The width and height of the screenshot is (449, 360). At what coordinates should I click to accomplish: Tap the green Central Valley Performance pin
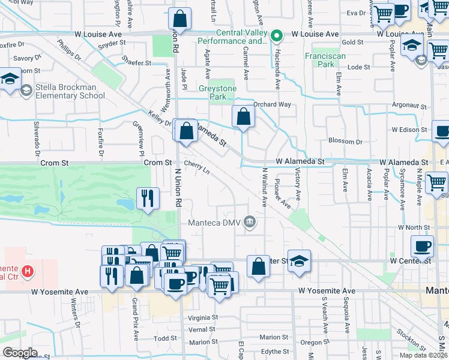[277, 36]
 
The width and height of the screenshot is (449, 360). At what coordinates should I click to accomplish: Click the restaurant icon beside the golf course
[147, 197]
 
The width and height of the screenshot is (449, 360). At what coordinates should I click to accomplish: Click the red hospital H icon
[26, 272]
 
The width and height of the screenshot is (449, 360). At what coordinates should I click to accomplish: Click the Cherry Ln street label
[197, 167]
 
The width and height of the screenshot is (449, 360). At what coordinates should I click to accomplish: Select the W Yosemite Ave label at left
[59, 291]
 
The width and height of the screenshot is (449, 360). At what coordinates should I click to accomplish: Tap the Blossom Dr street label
[345, 142]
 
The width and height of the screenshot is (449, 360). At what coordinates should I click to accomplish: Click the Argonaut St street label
[409, 106]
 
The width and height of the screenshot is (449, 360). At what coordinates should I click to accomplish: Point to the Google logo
[20, 353]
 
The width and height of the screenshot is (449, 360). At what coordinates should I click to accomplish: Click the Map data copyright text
[424, 355]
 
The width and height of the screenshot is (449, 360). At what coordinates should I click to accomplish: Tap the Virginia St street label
[202, 317]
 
